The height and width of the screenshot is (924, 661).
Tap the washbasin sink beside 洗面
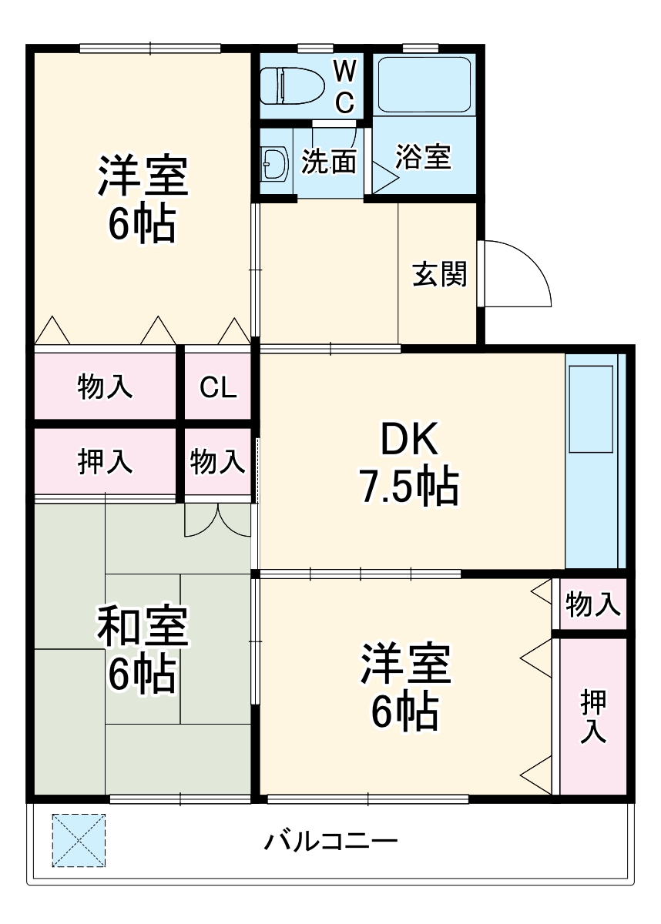pyautogui.click(x=274, y=162)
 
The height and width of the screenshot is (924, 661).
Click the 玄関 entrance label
pyautogui.click(x=440, y=275)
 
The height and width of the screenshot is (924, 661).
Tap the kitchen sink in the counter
pyautogui.click(x=591, y=409)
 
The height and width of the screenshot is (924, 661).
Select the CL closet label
pyautogui.click(x=218, y=387)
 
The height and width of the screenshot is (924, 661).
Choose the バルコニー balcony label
pyautogui.click(x=331, y=840)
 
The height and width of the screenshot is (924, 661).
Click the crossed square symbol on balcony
pyautogui.click(x=79, y=840)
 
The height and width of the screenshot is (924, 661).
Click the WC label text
pyautogui.click(x=344, y=86)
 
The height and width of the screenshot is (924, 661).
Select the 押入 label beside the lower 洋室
pyautogui.click(x=593, y=716)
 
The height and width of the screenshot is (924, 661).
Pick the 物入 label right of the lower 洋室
pyautogui.click(x=593, y=604)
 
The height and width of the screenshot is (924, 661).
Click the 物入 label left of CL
pyautogui.click(x=106, y=387)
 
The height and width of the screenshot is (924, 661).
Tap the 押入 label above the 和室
pyautogui.click(x=106, y=461)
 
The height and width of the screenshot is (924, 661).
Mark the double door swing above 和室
pyautogui.click(x=218, y=520)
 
